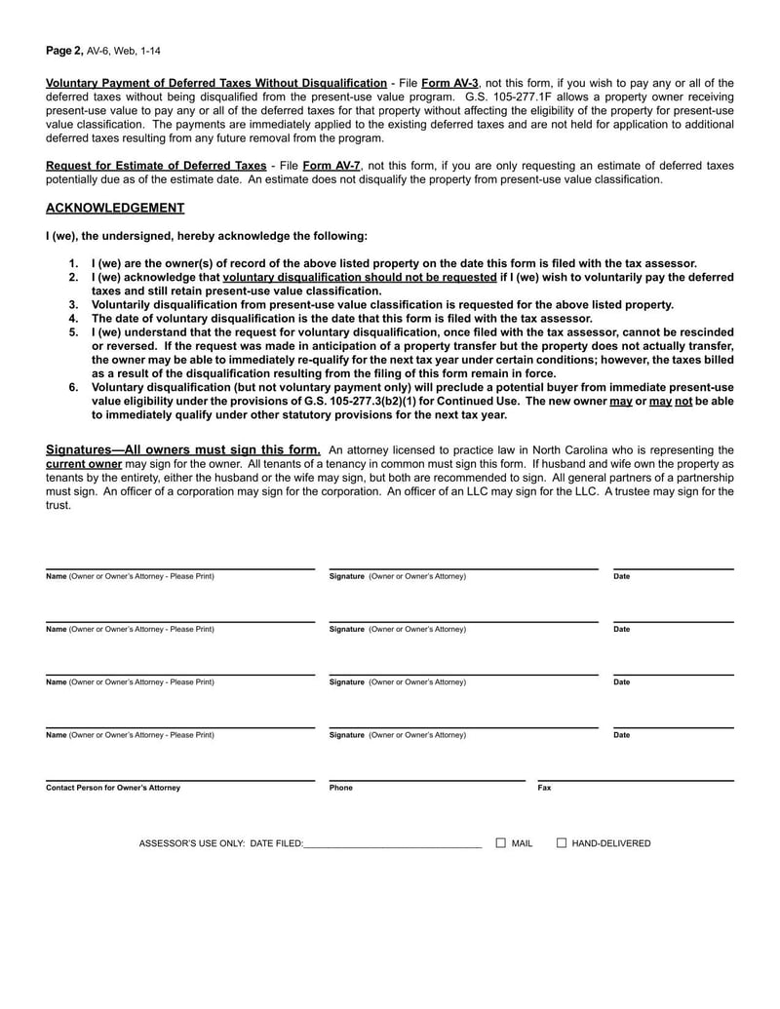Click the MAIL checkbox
tap(500, 843)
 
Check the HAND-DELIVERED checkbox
tap(562, 843)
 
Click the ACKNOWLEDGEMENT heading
tap(115, 208)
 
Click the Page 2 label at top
tap(63, 49)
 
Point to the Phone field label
tap(341, 788)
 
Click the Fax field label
tap(544, 788)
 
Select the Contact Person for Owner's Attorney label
tap(113, 788)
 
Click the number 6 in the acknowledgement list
tap(73, 387)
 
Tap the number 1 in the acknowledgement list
tap(73, 263)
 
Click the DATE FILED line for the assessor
tap(393, 843)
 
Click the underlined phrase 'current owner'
tap(84, 463)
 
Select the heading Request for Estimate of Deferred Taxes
tap(156, 166)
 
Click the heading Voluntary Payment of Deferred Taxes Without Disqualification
tap(216, 83)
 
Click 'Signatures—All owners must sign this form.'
tap(183, 449)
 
